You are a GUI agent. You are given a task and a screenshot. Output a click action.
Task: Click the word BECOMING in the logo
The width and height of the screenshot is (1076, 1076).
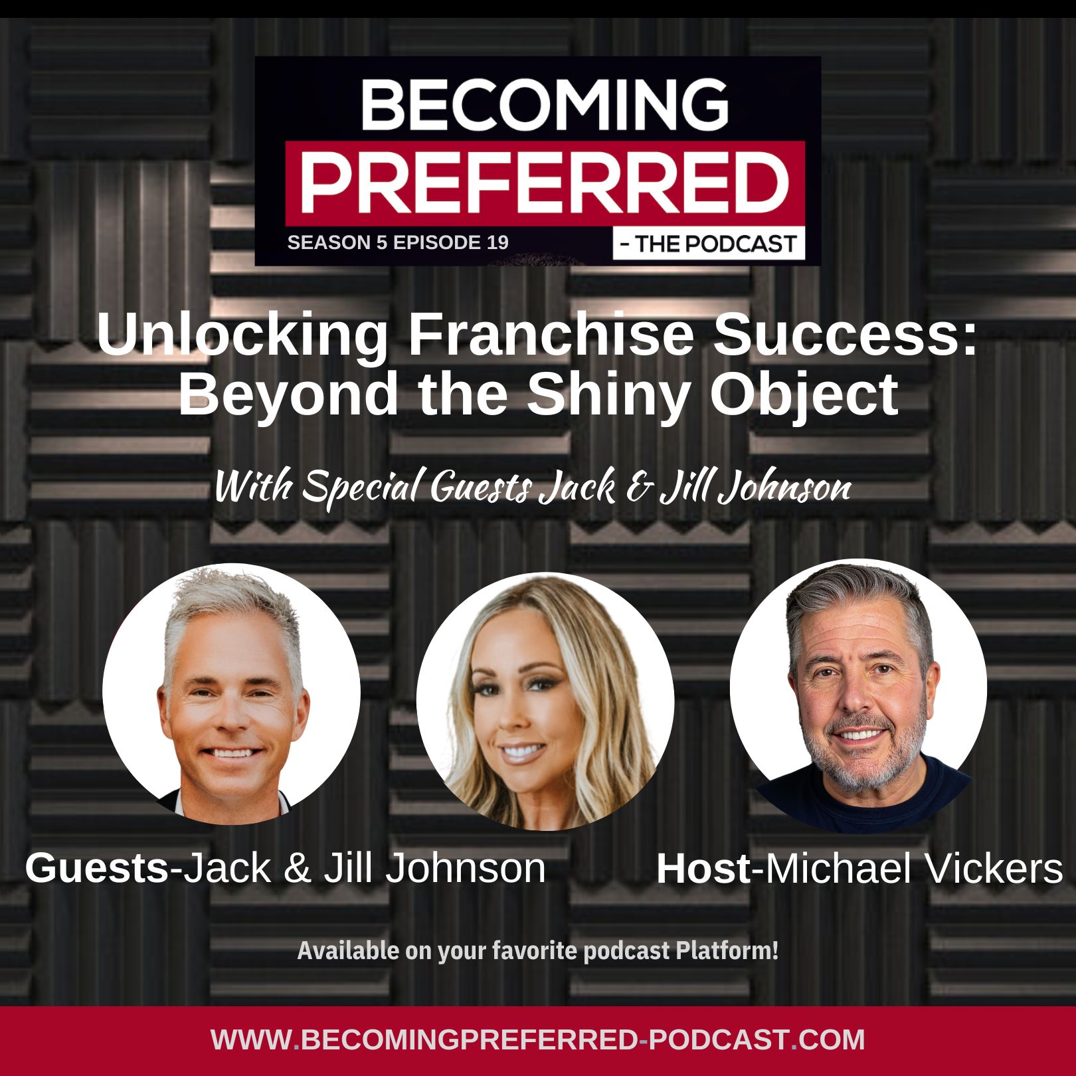point(545,104)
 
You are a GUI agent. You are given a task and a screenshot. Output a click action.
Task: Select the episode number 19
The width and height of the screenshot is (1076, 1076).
point(497,242)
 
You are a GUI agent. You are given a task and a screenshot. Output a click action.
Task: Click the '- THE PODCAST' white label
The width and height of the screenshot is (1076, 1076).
point(709,244)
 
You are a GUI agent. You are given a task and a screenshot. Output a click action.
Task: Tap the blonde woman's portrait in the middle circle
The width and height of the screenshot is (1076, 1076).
point(545,701)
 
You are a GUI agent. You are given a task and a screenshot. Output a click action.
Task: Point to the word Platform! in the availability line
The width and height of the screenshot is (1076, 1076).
point(727,950)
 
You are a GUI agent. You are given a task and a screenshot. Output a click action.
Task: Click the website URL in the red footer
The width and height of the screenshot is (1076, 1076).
point(538,1039)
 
